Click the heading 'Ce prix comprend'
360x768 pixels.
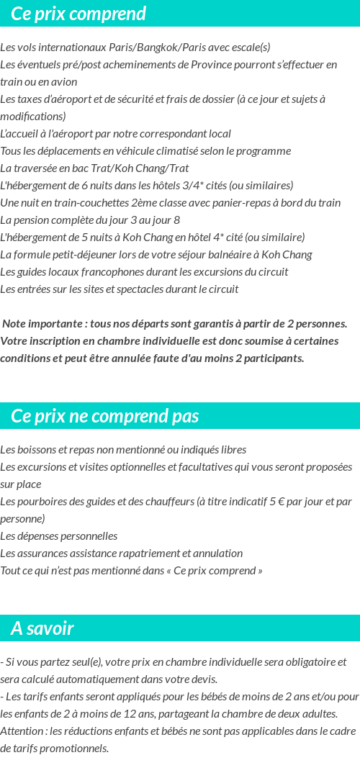click(78, 14)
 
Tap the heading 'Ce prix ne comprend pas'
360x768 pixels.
click(105, 416)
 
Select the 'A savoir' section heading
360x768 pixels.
click(42, 628)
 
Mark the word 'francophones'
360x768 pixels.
click(107, 272)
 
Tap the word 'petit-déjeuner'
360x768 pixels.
click(86, 255)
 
